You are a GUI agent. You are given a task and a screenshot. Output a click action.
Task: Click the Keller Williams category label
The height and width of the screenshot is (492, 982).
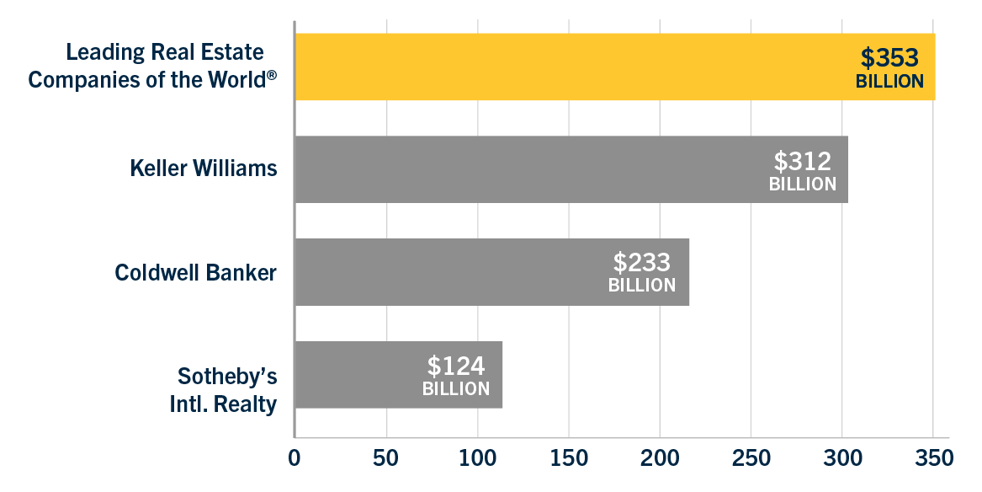tap(204, 168)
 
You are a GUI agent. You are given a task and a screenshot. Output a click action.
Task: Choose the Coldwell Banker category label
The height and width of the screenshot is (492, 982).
tap(196, 273)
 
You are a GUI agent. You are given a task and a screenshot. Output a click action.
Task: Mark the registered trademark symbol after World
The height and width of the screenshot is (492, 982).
tap(272, 74)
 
